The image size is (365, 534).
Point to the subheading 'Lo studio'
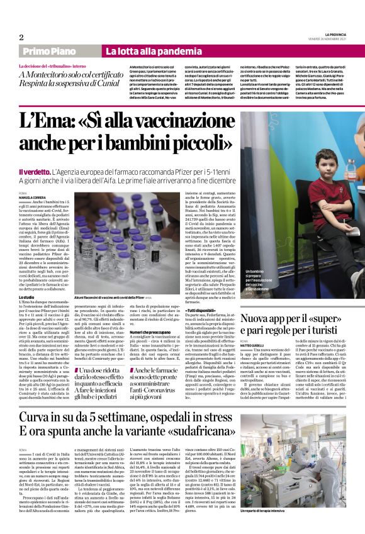pos(26,296)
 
